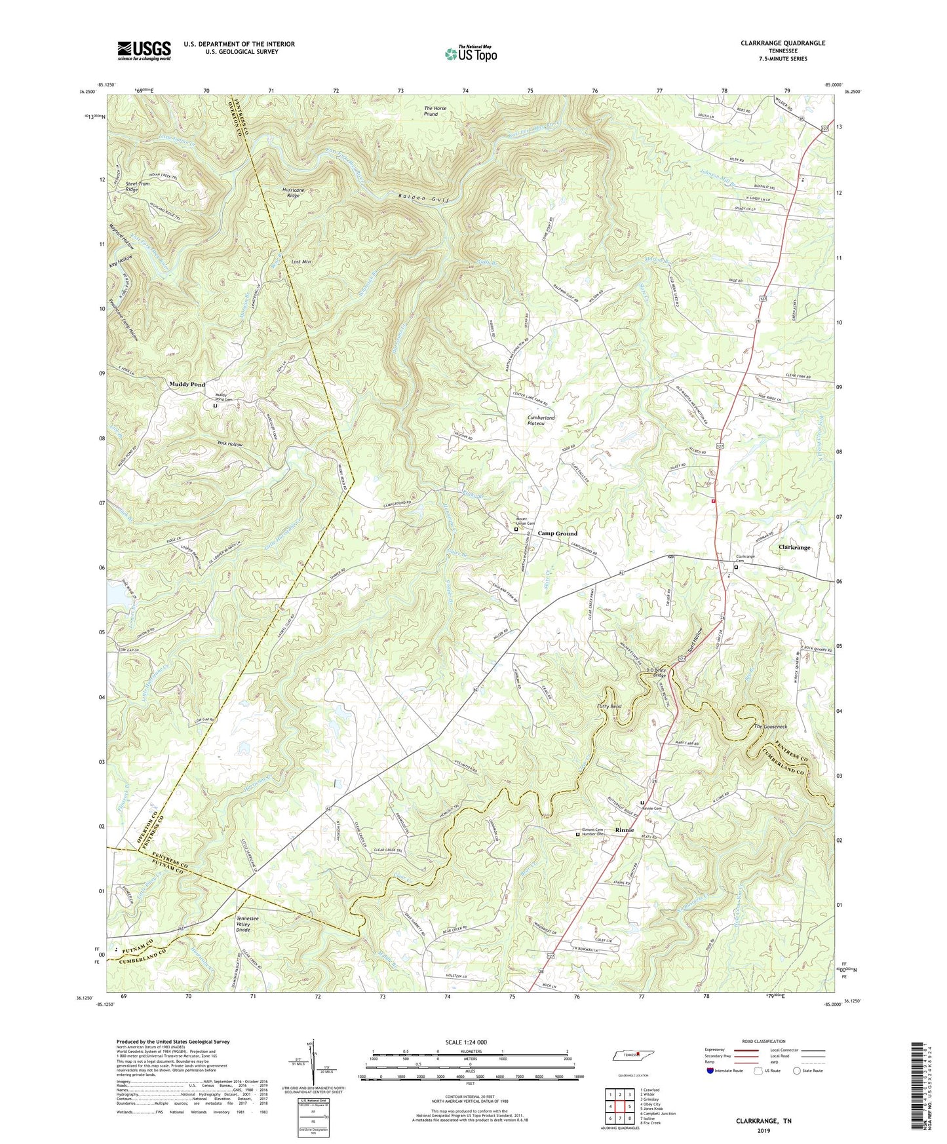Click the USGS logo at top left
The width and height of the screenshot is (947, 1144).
pos(144,50)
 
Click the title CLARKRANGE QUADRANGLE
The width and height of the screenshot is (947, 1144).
pos(783,43)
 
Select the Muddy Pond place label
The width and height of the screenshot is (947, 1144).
pos(187,385)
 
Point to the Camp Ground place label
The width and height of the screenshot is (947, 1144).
pos(558,533)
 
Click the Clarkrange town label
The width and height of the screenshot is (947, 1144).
pos(794,547)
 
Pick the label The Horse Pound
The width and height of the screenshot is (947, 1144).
pos(440,111)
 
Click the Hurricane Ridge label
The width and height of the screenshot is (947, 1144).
pos(294,193)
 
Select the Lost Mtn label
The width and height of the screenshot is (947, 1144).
pos(301,261)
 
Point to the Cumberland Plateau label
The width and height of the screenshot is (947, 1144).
pos(541,420)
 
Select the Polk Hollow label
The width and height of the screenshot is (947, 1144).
pos(230,444)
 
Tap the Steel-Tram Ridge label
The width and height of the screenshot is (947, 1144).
pos(138,187)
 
